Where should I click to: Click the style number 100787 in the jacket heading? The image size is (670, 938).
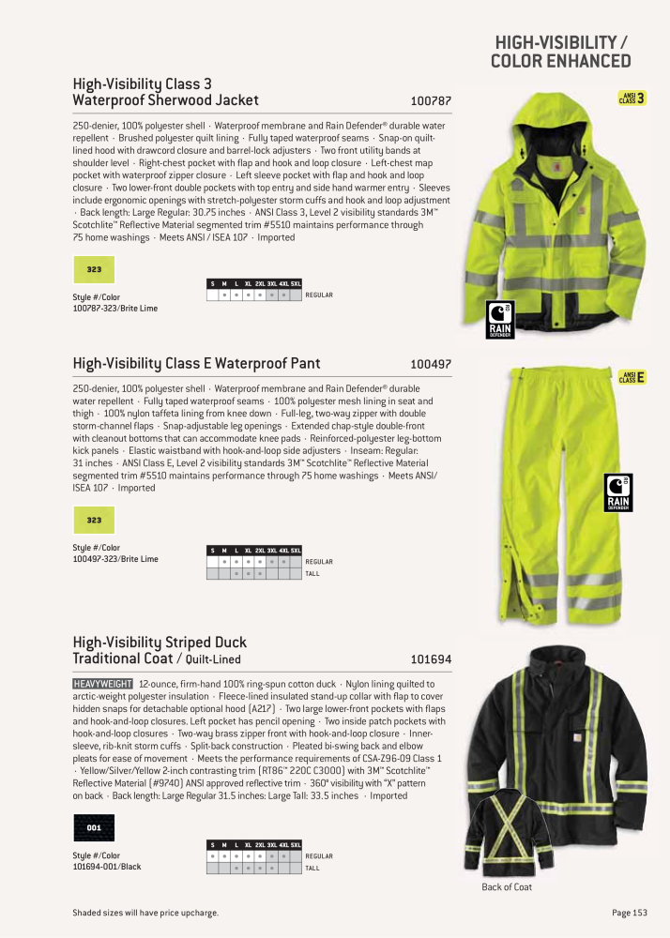[431, 100]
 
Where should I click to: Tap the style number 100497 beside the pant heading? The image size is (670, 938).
[431, 364]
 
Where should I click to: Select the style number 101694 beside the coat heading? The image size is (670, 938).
[431, 659]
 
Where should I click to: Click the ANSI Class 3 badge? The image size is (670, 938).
[632, 98]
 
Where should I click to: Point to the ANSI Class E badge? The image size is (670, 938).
[632, 377]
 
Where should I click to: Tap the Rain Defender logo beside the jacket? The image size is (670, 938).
[499, 320]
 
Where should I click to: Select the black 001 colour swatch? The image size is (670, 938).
[94, 828]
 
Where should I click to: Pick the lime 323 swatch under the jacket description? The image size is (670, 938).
[94, 269]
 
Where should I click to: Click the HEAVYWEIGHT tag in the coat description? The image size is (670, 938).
[102, 685]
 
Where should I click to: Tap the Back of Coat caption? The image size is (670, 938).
[507, 887]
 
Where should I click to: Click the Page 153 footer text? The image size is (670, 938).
[629, 913]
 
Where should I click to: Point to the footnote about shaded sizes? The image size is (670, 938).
[145, 913]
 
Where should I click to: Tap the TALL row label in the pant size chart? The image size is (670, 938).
[312, 573]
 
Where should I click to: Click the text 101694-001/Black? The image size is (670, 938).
[107, 867]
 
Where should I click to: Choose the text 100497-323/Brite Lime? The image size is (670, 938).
[115, 559]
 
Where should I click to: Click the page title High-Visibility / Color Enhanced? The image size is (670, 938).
[561, 53]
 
